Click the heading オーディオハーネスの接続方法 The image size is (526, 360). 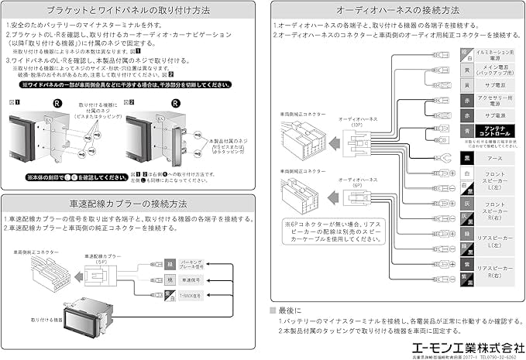(x=397, y=11)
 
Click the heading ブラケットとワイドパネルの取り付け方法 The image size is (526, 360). (x=129, y=11)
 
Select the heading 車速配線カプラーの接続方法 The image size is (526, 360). (x=129, y=204)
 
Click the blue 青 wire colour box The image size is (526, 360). (x=465, y=132)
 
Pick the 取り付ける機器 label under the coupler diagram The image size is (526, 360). (x=46, y=317)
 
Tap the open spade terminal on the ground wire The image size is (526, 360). (x=443, y=158)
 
